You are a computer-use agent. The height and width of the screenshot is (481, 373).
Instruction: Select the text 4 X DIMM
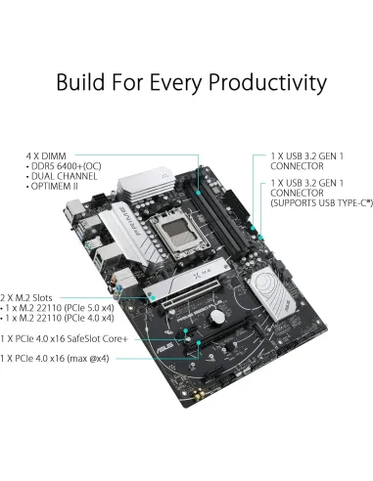49,154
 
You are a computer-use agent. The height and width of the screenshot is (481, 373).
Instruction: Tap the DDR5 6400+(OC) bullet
65,165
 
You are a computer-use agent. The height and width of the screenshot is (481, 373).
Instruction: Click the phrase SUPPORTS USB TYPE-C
319,203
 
